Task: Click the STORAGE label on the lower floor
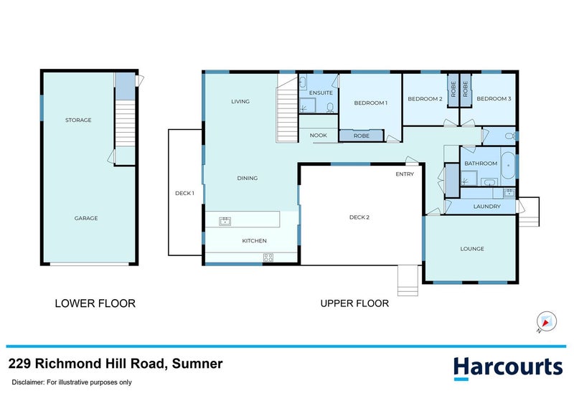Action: tap(78, 120)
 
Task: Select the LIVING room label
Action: tap(240, 101)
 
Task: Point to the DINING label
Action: tap(248, 178)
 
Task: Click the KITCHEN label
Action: tap(254, 241)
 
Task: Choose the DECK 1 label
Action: tap(184, 193)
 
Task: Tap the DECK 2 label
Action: tap(359, 217)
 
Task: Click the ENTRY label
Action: tap(405, 174)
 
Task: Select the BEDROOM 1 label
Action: tap(371, 103)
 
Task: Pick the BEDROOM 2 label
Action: tap(425, 99)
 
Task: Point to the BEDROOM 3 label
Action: tap(494, 99)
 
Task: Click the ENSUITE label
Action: tap(320, 93)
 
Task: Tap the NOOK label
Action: tap(318, 135)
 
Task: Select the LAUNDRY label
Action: tap(486, 207)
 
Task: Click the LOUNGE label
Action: tap(472, 249)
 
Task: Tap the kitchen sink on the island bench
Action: tap(225, 221)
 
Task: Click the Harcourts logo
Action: tap(507, 367)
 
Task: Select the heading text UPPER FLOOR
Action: tap(354, 303)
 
